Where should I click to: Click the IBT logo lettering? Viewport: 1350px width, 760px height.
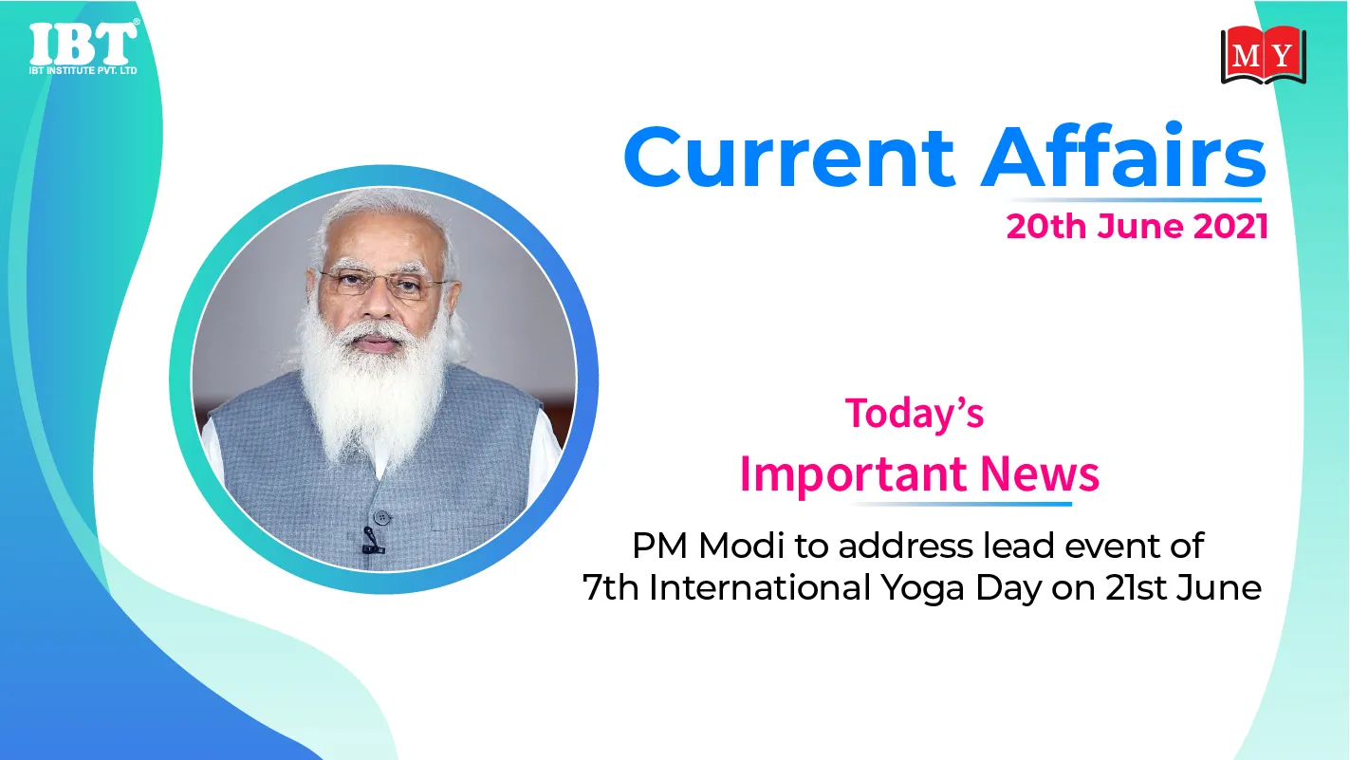click(83, 44)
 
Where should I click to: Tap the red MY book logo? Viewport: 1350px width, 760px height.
click(1264, 55)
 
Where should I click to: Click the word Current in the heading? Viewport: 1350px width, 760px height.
click(789, 158)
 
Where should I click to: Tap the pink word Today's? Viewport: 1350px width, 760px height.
click(915, 414)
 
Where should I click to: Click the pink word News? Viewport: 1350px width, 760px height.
click(1040, 473)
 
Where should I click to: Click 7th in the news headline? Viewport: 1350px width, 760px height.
click(611, 587)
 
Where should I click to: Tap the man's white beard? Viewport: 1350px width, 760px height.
click(374, 386)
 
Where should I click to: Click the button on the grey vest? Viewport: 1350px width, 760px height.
click(382, 517)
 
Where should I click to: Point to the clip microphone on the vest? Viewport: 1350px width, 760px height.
click(371, 540)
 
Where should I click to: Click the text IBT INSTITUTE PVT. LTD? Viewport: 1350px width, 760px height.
click(83, 70)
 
